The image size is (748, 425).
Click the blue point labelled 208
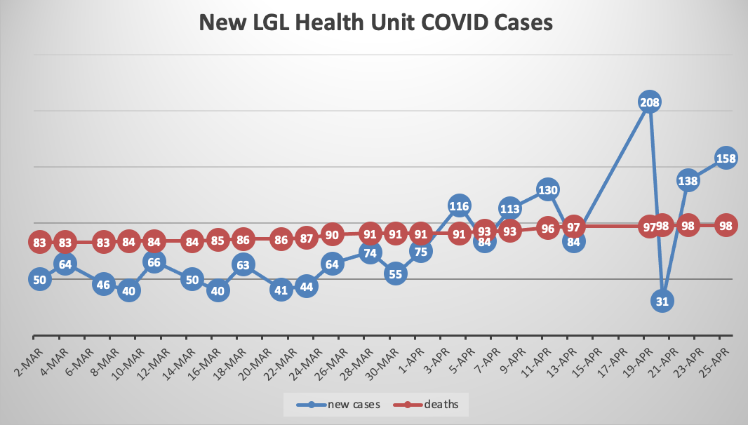tap(650, 102)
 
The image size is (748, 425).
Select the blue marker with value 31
tap(662, 301)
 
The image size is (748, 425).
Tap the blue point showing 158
tap(726, 158)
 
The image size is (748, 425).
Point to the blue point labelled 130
tap(548, 189)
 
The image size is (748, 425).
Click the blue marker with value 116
tap(459, 206)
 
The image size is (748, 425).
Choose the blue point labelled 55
tap(395, 274)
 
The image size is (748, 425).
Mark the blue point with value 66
tap(154, 262)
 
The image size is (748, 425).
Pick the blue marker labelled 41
tap(281, 290)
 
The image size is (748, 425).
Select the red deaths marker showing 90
tap(332, 234)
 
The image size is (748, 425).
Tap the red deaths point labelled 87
tap(307, 238)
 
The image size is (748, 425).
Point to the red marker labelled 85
tap(218, 241)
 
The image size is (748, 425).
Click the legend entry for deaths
tap(435, 404)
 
